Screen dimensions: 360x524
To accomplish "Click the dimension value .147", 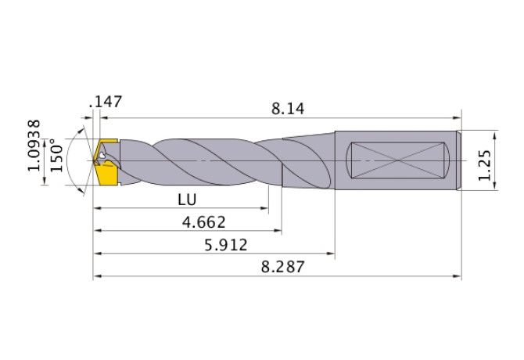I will [106, 102].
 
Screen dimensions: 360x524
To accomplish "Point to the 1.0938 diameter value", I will [34, 146].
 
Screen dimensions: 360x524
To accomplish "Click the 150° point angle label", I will [56, 157].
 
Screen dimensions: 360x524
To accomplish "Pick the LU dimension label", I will [186, 199].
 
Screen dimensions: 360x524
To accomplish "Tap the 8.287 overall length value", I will [282, 268].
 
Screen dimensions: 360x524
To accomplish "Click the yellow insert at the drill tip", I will [105, 162].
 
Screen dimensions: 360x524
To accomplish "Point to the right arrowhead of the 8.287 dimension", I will [458, 276].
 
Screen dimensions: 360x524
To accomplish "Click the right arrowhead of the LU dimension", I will [265, 208].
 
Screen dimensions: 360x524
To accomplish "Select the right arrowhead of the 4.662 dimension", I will [278, 231].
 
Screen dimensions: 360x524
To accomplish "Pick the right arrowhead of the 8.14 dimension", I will [457, 120].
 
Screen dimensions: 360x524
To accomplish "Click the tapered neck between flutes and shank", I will [309, 160].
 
